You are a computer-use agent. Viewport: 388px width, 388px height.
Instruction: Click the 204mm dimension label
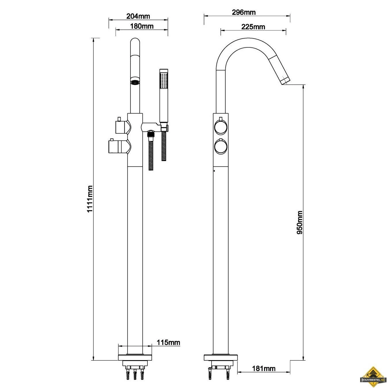[x=138, y=16]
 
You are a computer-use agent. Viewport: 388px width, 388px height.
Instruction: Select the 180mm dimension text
[x=142, y=26]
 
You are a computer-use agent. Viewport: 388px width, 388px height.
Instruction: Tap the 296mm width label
[x=244, y=12]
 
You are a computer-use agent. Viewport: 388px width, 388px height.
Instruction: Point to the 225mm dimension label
[x=253, y=27]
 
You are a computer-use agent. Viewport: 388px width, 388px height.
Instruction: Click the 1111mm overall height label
[x=90, y=199]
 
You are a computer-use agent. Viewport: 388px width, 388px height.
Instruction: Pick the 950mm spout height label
[x=299, y=222]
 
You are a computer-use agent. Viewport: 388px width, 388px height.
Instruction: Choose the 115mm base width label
[x=168, y=342]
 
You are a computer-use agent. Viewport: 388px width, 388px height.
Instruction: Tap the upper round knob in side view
[x=221, y=127]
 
